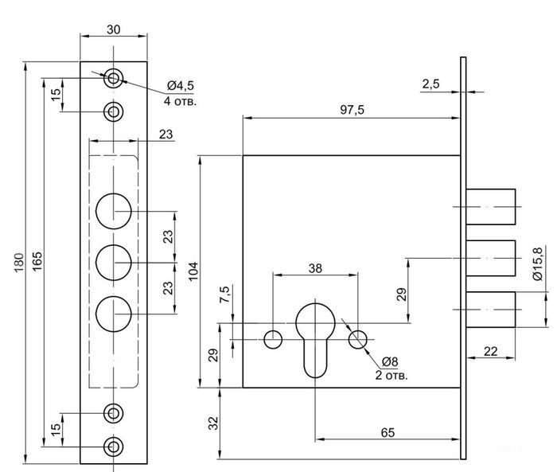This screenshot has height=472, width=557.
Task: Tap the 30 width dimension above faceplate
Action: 115,29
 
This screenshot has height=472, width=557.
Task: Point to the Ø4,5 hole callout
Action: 181,86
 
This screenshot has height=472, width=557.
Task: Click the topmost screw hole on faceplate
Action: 115,78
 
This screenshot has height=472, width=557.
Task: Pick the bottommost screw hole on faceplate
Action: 115,446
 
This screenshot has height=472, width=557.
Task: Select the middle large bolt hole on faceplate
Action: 114,262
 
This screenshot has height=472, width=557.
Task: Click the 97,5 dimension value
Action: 350,110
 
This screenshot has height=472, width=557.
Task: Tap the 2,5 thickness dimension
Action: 432,84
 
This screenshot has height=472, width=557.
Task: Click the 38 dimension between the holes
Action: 315,267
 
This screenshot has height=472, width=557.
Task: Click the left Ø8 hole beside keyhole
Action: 273,339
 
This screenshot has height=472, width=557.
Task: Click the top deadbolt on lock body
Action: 491,206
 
